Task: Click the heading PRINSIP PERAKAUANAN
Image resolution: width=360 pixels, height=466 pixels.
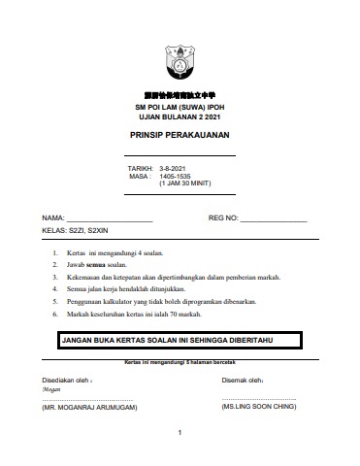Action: (x=180, y=136)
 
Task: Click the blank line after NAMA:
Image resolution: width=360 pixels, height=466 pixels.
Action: (x=109, y=219)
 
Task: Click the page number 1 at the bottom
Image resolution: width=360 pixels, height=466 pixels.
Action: (x=180, y=432)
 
